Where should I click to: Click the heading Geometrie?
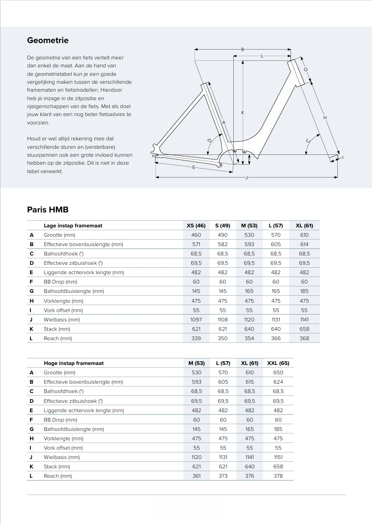[48, 40]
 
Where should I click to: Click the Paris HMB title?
[48, 210]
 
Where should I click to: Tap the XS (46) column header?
[196, 226]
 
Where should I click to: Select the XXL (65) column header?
[278, 363]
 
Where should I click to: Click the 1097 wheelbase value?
[196, 320]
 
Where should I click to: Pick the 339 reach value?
[196, 338]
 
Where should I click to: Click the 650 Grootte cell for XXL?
[278, 372]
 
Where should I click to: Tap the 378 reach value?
[278, 476]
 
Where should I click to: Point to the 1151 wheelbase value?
[278, 457]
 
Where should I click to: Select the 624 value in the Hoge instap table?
[278, 382]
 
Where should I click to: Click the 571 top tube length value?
[196, 244]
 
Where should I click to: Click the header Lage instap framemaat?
[73, 226]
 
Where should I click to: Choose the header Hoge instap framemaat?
[74, 363]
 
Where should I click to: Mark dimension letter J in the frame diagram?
[246, 177]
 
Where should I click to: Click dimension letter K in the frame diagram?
[243, 112]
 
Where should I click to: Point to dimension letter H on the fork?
[325, 118]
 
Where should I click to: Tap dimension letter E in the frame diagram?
[193, 167]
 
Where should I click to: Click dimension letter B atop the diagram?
[242, 50]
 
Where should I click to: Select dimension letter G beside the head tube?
[305, 70]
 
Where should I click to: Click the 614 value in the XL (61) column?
[305, 244]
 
